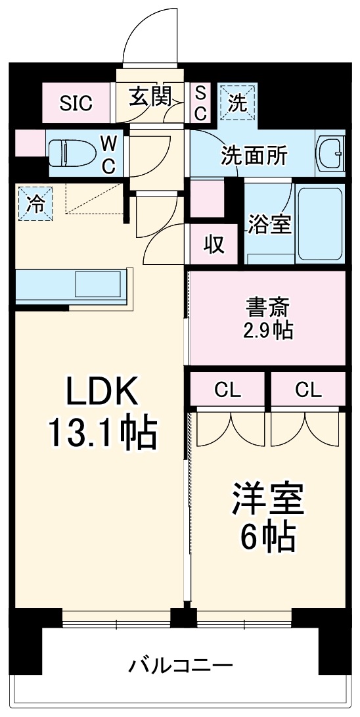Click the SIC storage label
(x=76, y=103)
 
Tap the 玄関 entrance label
(x=150, y=98)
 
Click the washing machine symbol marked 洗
(x=237, y=103)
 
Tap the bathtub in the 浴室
(x=320, y=223)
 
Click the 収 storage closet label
(x=214, y=244)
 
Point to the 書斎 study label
(x=268, y=307)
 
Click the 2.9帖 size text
(x=268, y=331)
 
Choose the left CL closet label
(x=228, y=390)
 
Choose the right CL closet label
(x=308, y=390)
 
